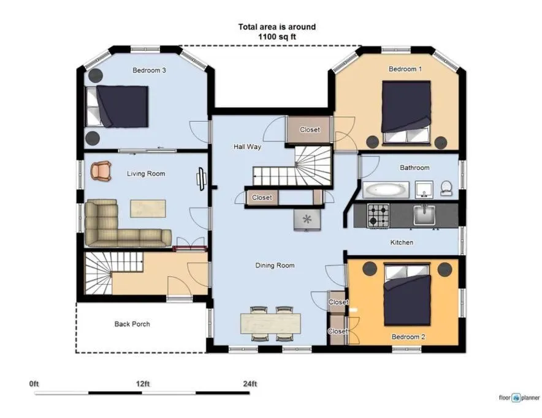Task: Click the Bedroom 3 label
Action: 149,70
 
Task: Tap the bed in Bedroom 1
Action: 406,110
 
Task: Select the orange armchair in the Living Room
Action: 102,171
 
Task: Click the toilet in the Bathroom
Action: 446,188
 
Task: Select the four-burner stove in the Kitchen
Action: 378,215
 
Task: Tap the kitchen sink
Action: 424,215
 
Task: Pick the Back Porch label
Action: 132,324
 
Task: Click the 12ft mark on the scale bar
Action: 142,384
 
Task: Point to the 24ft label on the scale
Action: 250,384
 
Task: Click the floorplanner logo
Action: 519,398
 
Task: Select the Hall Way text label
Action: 247,147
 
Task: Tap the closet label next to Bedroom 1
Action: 310,130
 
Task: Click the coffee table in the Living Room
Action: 148,207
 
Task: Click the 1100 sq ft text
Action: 277,37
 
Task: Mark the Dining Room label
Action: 275,266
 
